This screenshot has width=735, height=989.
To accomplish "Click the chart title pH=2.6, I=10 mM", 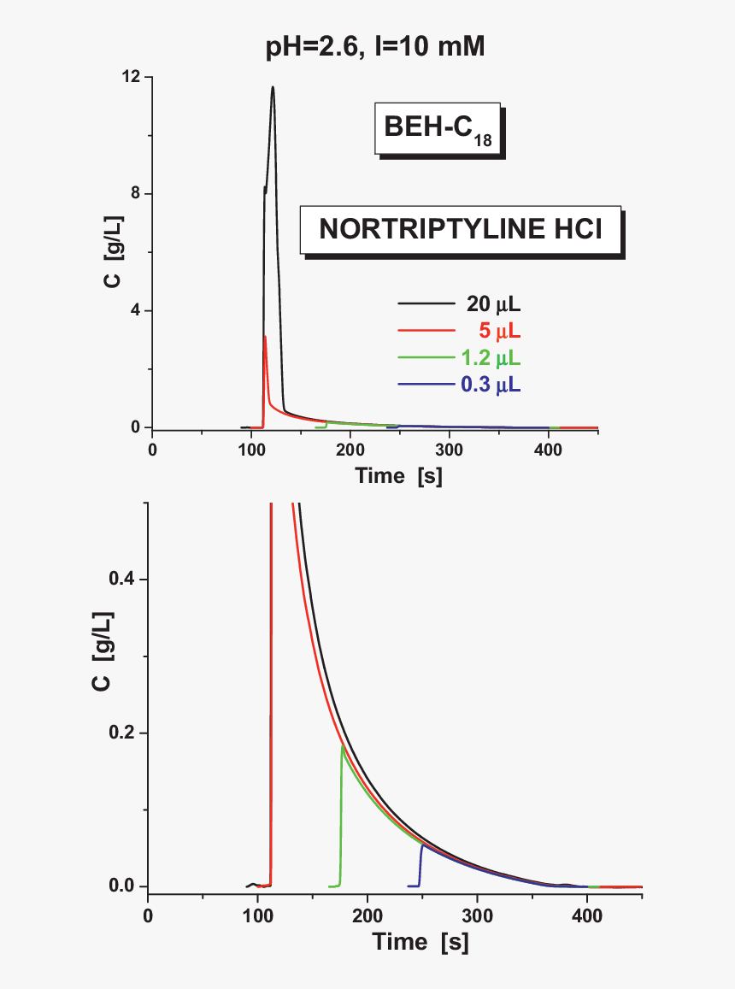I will tap(375, 48).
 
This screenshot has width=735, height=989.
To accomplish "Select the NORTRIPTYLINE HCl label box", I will tap(460, 230).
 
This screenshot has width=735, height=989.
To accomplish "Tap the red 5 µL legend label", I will tap(498, 331).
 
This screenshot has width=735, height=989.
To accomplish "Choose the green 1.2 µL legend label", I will tap(491, 357).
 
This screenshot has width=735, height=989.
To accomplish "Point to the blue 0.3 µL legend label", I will tap(491, 385).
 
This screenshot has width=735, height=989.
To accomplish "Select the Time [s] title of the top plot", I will tap(399, 476).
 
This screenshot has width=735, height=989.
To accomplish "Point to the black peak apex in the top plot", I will tap(273, 86).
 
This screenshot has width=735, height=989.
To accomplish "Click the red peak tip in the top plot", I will tap(265, 337).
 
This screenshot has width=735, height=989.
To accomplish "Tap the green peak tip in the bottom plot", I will tap(343, 746).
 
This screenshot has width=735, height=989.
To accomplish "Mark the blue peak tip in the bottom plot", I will tap(422, 845).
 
